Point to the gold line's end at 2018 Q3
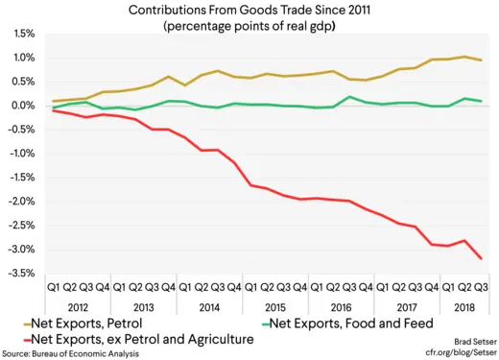tap(481, 60)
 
